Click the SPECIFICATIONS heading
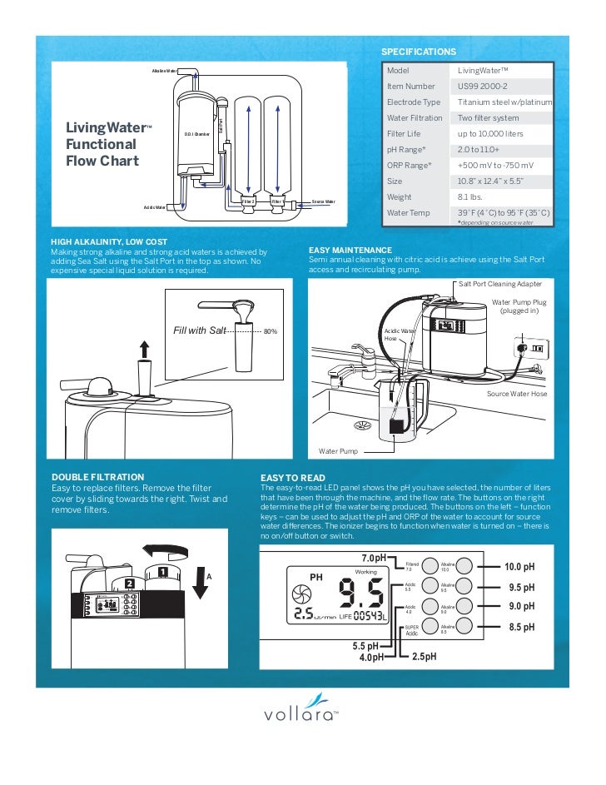(x=419, y=52)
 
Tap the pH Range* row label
(x=406, y=149)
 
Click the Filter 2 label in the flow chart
(x=247, y=201)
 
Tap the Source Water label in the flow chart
(x=323, y=201)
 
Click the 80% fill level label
(x=270, y=331)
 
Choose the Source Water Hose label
(x=517, y=393)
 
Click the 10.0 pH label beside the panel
(x=519, y=567)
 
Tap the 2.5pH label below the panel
(x=425, y=657)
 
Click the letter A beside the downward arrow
(x=209, y=576)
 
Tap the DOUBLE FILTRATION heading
(x=92, y=477)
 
